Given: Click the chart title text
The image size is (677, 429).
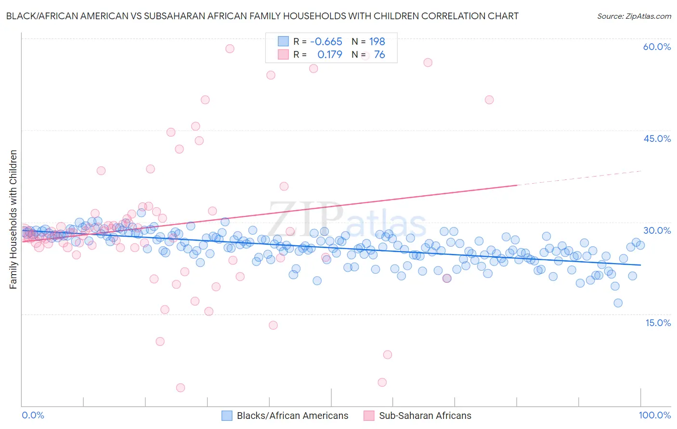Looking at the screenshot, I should click(262, 16).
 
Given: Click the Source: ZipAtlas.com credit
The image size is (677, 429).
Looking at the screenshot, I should click(634, 16).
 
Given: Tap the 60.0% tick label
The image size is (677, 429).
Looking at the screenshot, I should click(657, 47).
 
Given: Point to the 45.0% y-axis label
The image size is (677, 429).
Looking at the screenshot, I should click(657, 139).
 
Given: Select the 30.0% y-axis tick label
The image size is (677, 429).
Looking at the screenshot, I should click(657, 230).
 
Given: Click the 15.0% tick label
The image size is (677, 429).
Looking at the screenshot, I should click(658, 322).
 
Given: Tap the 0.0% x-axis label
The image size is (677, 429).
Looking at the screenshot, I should click(33, 415).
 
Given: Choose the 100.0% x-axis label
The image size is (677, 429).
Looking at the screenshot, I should click(654, 415).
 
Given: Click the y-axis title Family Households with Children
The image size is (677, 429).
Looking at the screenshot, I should click(13, 219).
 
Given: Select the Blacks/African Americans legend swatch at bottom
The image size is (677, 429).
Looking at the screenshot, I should click(227, 416).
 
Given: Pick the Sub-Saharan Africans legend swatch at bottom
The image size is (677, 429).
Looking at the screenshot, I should click(369, 416).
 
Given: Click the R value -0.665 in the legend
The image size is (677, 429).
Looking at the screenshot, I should click(326, 41).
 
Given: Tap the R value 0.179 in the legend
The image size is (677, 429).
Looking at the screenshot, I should click(329, 54).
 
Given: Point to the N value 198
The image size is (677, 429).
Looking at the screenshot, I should click(377, 41).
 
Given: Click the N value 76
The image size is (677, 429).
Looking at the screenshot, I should click(379, 54).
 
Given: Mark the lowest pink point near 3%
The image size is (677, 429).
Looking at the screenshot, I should click(181, 388).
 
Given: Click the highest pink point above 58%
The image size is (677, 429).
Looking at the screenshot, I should click(230, 49).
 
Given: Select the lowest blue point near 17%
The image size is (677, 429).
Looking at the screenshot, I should click(618, 303).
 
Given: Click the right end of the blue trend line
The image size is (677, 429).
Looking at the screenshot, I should click(640, 265).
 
